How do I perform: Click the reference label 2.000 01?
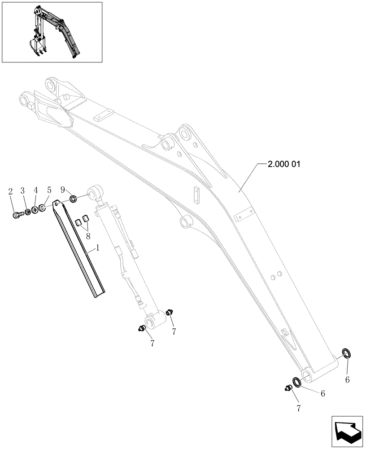tap(283, 164)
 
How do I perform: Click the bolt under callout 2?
tap(17, 215)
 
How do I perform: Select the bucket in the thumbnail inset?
tap(35, 46)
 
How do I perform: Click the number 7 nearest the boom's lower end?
tap(298, 409)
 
